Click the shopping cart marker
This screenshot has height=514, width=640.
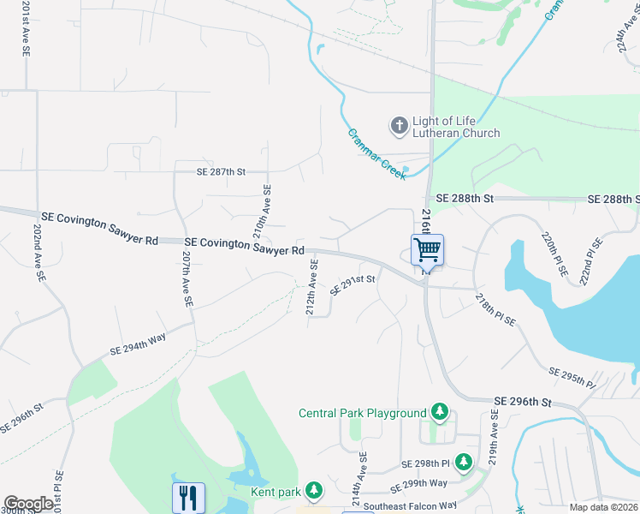coord(427,250)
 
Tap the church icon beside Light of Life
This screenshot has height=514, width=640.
coord(399,127)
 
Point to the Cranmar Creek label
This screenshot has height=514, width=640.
coord(377,154)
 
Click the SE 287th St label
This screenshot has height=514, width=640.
coord(211,172)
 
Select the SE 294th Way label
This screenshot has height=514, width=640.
coord(138,344)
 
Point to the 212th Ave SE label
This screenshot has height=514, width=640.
coord(312,287)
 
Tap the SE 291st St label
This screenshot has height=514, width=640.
coord(353,284)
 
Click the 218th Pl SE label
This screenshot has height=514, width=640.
coord(495,309)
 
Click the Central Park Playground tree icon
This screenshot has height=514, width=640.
coord(440,413)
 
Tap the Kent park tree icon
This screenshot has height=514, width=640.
coord(315,490)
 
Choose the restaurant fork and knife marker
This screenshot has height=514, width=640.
coord(188,497)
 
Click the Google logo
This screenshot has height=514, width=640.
coord(28,504)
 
